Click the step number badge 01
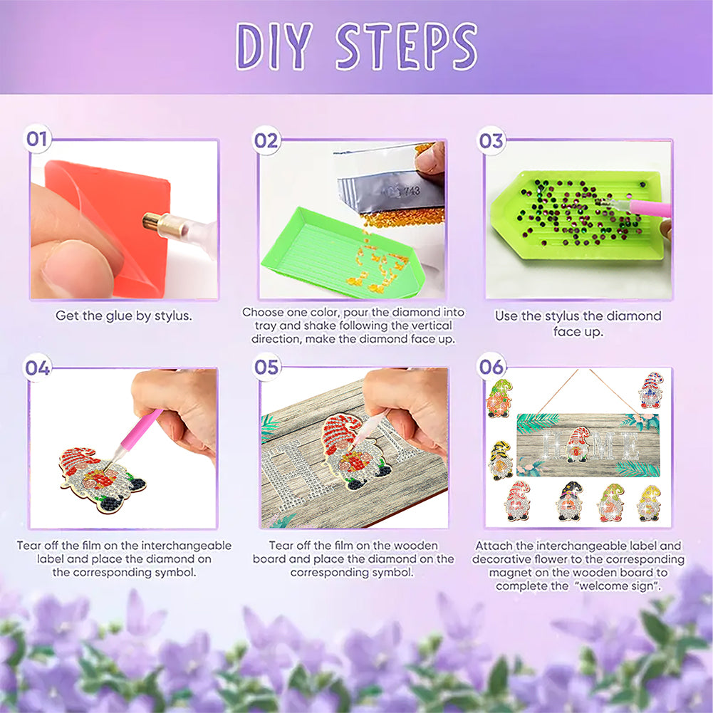point(37,139)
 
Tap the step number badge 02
point(266,140)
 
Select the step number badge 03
point(491,140)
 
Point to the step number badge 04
point(37,368)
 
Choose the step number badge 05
point(266,367)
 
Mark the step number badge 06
point(491,367)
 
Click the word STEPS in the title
point(406,46)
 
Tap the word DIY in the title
point(274,46)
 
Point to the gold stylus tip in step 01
point(151,222)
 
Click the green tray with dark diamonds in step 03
point(576,215)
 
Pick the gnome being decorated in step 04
point(102,479)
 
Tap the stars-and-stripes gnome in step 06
point(651,390)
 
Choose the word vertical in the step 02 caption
point(428,326)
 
